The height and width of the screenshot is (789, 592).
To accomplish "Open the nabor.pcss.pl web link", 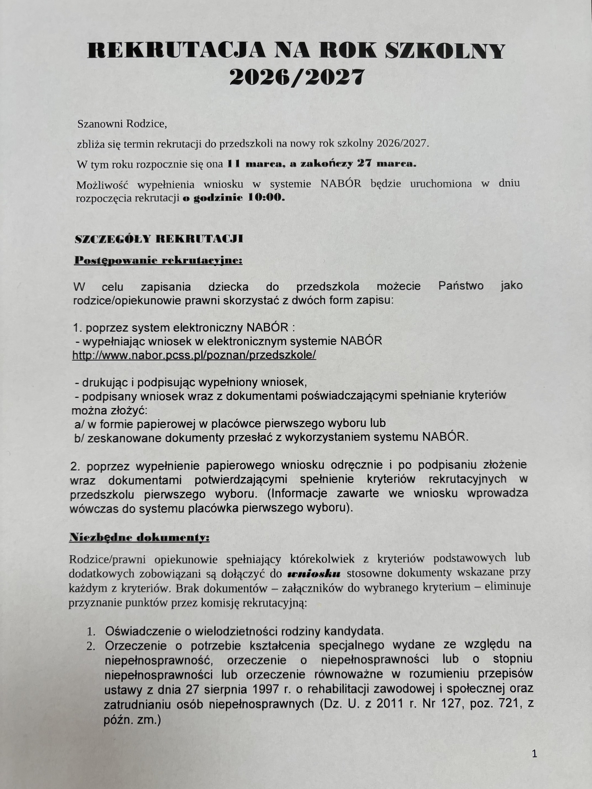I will click(194, 355).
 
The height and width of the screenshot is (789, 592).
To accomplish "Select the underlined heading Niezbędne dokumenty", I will click(139, 537).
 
